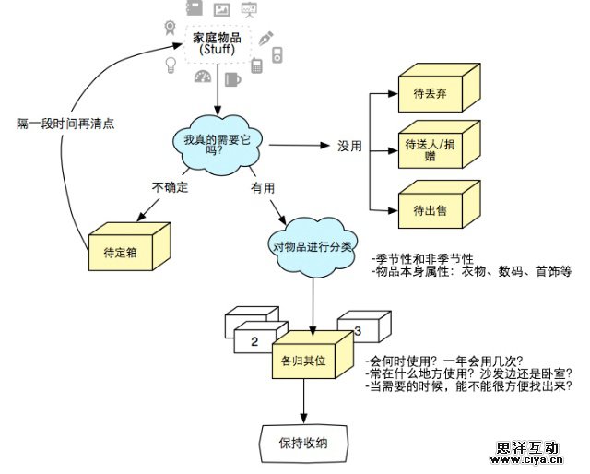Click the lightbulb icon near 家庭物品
[171, 65]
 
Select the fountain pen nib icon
[267, 40]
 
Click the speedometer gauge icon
[202, 77]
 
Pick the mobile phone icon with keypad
[255, 64]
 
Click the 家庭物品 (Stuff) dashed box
[217, 42]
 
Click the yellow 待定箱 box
[127, 249]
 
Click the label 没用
[348, 147]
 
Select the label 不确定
[170, 187]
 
